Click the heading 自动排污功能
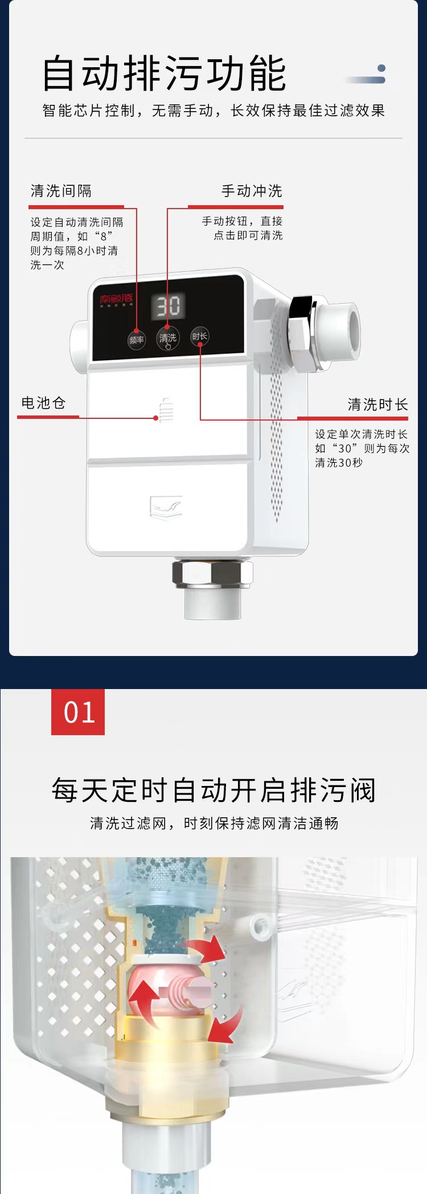[x=164, y=74]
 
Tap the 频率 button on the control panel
[x=136, y=340]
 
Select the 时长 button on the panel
[x=200, y=336]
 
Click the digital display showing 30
[x=168, y=306]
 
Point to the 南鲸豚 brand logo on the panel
[x=116, y=299]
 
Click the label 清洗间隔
[x=61, y=191]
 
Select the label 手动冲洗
[x=252, y=191]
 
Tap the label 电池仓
[x=43, y=403]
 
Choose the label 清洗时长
[x=377, y=405]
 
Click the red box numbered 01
[x=78, y=712]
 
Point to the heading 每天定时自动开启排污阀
[x=213, y=790]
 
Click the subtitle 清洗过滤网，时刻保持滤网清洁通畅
[x=213, y=823]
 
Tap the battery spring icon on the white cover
[x=166, y=410]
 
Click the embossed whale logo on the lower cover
[x=166, y=507]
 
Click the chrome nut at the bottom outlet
[x=212, y=573]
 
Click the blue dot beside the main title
[x=381, y=69]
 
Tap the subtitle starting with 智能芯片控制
[x=213, y=111]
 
